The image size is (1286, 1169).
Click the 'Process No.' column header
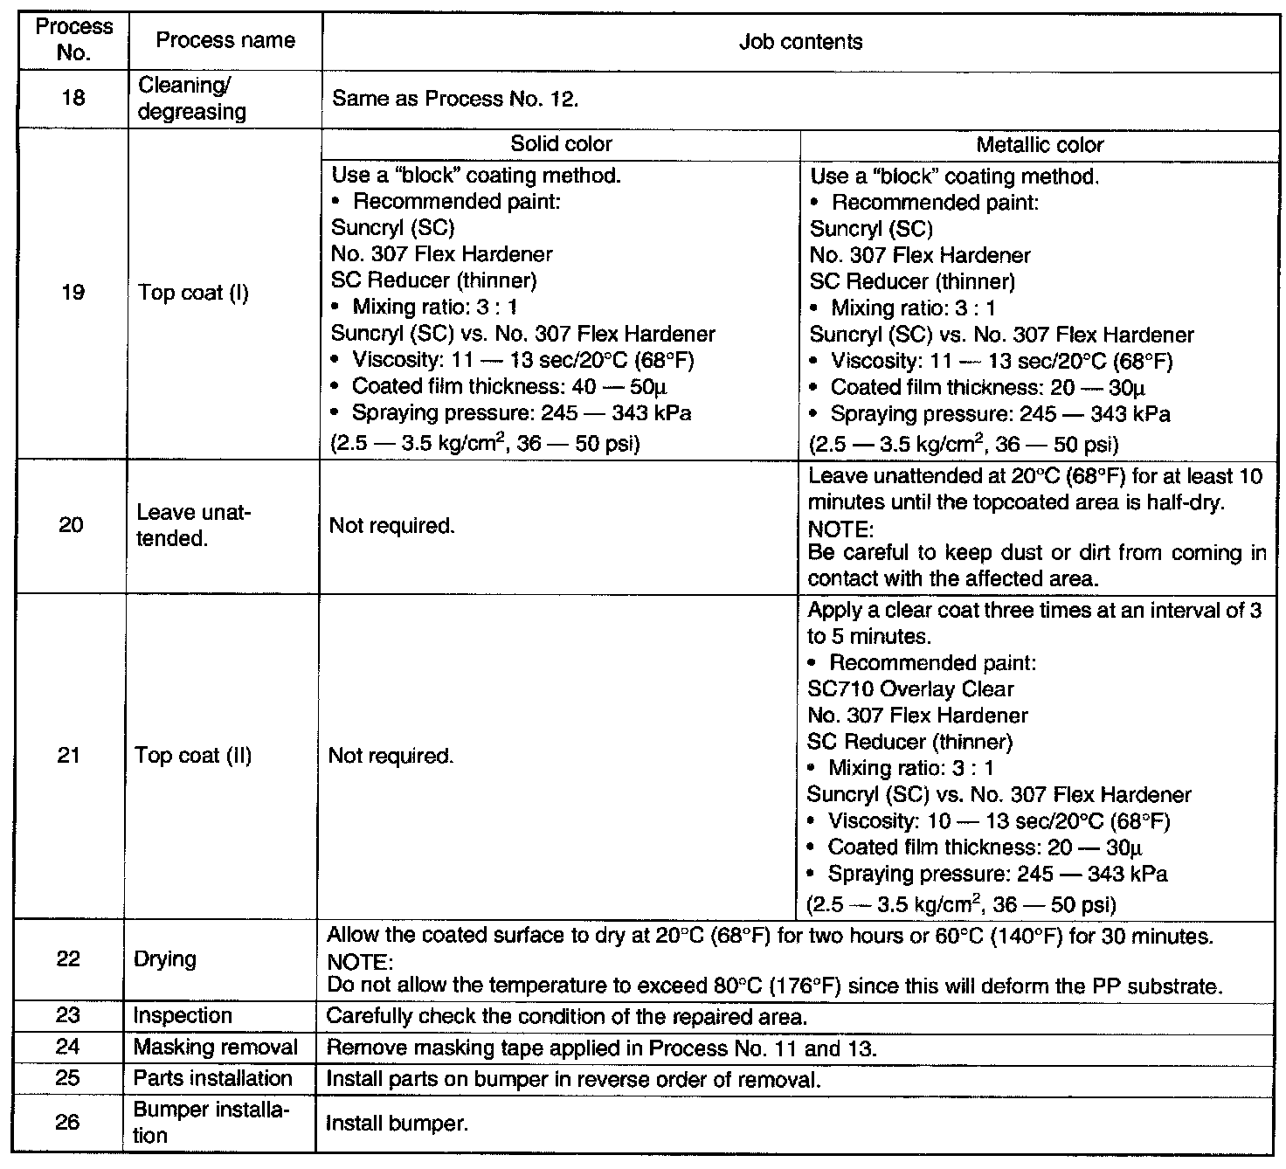[73, 39]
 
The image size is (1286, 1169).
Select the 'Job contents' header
[800, 42]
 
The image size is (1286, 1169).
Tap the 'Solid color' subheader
[561, 144]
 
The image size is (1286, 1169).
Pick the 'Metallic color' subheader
[1040, 145]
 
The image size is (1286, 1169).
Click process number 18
[73, 98]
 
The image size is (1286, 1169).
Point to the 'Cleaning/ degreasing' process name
[192, 99]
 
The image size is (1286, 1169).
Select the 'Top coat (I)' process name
[193, 293]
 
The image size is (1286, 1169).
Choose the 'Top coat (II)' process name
[193, 756]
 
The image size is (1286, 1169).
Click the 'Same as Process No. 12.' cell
[455, 99]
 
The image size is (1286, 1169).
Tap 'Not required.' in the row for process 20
[392, 526]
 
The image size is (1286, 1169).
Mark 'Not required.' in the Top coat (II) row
[391, 756]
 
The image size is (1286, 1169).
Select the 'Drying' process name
[164, 959]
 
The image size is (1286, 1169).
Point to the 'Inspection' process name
[183, 1016]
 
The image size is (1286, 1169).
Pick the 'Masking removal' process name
[215, 1048]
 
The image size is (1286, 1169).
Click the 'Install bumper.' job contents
[397, 1124]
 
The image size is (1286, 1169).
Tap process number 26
[68, 1122]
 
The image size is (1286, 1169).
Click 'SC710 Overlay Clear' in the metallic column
[910, 689]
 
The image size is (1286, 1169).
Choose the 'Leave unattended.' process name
[193, 525]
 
